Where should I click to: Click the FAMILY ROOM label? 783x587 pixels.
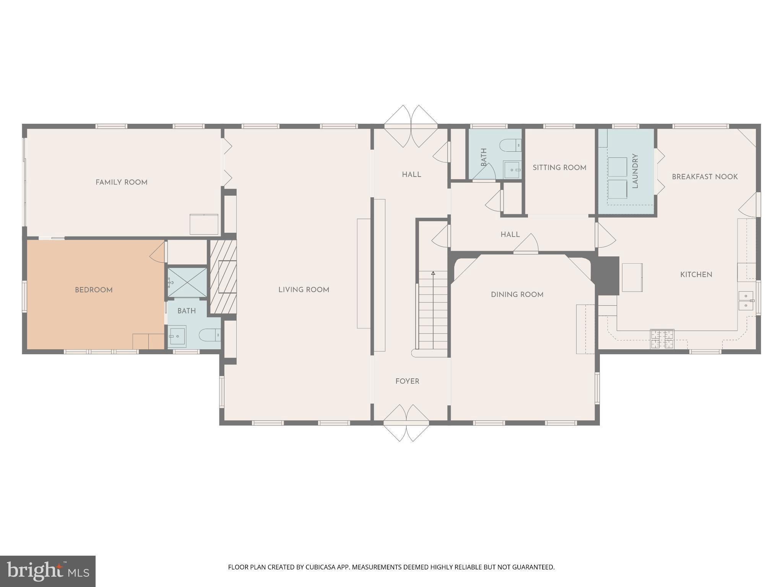(121, 182)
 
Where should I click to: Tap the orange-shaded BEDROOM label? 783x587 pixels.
(94, 290)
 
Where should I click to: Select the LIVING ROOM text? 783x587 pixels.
(304, 290)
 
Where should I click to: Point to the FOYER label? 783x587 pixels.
(407, 381)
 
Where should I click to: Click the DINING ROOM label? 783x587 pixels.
(517, 295)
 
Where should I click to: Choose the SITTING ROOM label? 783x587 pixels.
(559, 167)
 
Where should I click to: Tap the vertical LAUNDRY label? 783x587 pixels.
(635, 171)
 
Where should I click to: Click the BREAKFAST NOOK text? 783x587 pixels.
(705, 177)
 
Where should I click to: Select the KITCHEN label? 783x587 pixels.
(696, 274)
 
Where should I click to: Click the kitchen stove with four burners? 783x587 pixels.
(662, 339)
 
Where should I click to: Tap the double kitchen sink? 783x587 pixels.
(746, 300)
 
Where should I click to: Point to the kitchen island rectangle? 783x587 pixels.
(632, 277)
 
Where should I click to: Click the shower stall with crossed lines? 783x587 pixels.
(187, 282)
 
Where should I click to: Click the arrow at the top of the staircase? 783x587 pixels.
(433, 273)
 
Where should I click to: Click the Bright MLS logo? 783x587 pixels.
(48, 571)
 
